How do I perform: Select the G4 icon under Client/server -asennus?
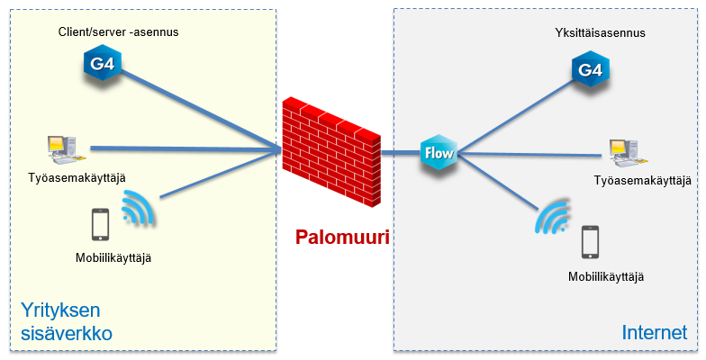click(104, 64)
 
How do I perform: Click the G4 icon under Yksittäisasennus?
click(590, 69)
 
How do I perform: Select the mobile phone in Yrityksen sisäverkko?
click(100, 224)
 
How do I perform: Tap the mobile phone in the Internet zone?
click(590, 241)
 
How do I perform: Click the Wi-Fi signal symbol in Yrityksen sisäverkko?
click(138, 209)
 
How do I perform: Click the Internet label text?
click(655, 332)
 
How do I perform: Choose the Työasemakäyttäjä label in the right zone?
click(642, 181)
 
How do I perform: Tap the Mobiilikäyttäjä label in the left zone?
click(113, 258)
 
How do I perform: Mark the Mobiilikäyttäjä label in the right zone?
click(606, 276)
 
